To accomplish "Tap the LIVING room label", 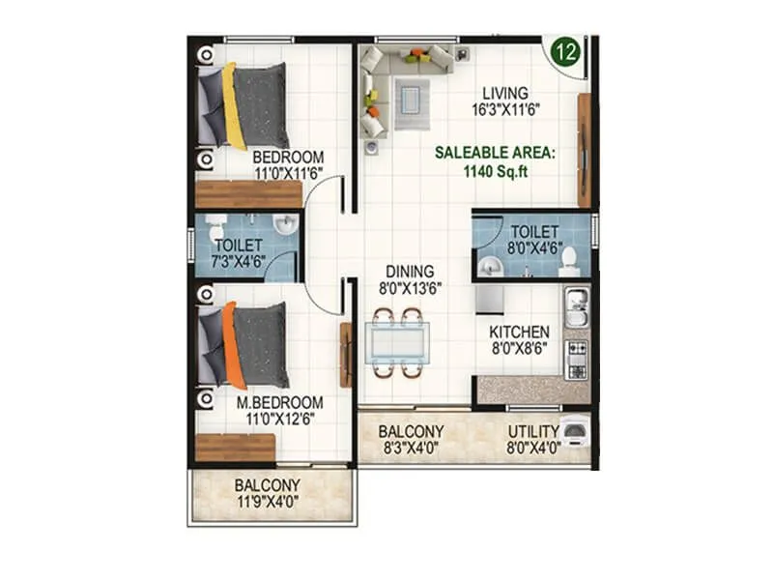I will [x=505, y=93].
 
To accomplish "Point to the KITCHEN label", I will [x=520, y=333].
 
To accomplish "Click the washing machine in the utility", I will [x=576, y=431].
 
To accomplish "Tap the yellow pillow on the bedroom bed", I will [x=233, y=106].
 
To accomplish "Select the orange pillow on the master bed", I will [x=229, y=346].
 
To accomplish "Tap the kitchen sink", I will [x=576, y=308].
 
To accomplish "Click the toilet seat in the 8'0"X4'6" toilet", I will [x=568, y=259].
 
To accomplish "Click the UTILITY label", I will [x=533, y=431].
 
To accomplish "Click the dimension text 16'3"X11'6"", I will [x=505, y=110].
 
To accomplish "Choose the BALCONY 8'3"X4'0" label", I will [x=411, y=440].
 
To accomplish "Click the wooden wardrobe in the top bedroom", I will [x=249, y=193].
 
